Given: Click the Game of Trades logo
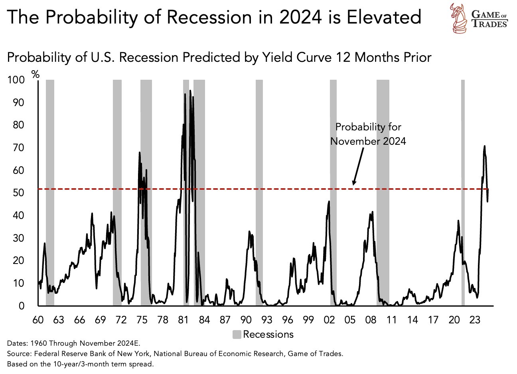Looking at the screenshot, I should coord(478,18).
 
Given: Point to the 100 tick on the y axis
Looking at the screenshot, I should coord(16,80).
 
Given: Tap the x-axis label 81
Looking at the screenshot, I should coord(183,320).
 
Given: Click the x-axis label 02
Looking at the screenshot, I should coord(330,320).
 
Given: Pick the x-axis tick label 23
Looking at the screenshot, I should coord(475,320).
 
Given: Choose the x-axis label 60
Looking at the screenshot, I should coord(37,320).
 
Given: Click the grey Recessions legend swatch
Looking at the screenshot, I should coord(237,335).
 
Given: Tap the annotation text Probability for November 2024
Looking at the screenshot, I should coord(368,134).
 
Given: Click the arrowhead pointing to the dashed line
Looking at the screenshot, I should coord(354,183).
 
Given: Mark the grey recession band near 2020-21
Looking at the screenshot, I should coord(463,191).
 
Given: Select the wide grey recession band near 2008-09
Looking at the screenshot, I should coord(383,191).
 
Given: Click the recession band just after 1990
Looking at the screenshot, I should coord(259,191).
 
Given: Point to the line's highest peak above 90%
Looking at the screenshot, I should coord(190,91).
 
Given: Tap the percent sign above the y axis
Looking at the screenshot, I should coord(36,74).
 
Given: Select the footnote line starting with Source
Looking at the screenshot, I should coord(175,354).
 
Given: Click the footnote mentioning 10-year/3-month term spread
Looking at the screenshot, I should coord(80,364).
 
